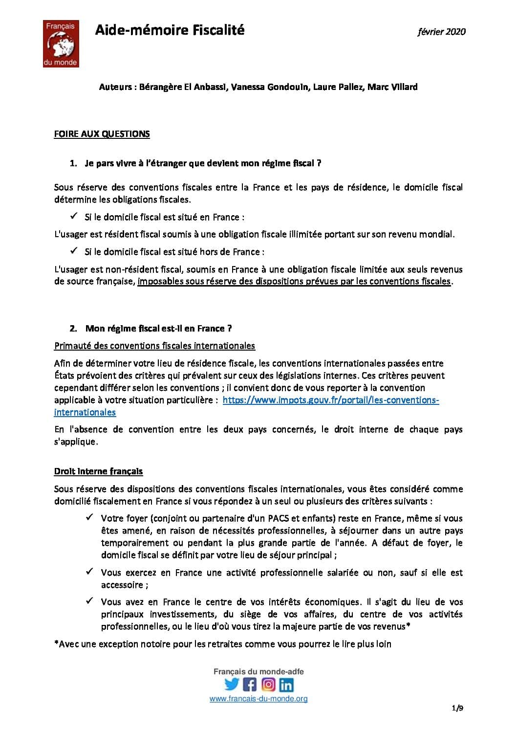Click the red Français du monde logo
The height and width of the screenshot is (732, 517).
click(61, 44)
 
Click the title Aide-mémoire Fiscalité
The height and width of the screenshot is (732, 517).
click(170, 30)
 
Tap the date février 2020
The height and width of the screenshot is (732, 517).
click(441, 32)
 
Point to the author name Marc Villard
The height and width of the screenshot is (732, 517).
click(392, 87)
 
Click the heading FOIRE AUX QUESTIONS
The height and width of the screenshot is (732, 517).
click(102, 134)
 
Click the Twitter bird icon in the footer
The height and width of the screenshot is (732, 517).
click(232, 684)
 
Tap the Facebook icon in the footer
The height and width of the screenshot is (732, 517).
click(250, 684)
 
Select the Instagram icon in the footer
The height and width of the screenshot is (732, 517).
click(268, 684)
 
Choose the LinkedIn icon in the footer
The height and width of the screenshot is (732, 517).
click(286, 684)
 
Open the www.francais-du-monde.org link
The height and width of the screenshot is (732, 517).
click(258, 699)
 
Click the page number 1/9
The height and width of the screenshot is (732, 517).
click(457, 721)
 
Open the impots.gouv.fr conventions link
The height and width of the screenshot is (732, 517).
click(330, 400)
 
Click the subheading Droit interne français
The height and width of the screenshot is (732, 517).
click(98, 471)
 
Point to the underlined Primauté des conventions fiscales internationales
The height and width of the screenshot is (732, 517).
click(154, 346)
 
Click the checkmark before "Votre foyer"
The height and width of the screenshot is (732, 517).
click(89, 517)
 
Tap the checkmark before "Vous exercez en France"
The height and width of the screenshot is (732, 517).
click(89, 572)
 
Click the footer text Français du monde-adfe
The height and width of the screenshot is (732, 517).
click(258, 672)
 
